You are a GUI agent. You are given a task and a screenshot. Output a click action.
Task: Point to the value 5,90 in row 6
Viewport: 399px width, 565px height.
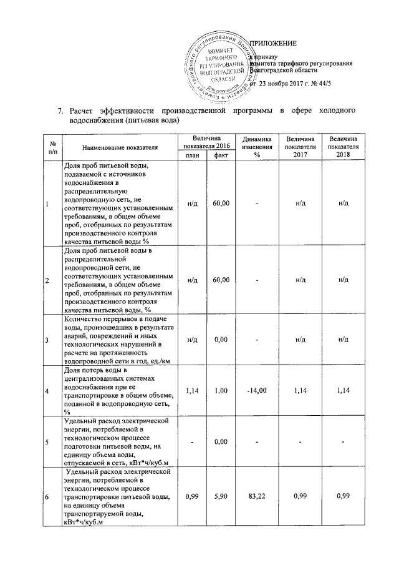click(220, 496)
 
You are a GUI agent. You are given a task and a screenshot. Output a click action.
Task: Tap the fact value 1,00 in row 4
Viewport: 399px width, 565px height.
click(220, 391)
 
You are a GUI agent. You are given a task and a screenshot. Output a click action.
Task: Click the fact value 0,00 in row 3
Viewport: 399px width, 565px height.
click(220, 339)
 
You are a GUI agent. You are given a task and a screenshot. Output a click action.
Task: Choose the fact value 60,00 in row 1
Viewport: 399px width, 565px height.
click(220, 204)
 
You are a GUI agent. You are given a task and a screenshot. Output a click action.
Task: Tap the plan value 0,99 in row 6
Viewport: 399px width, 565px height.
click(192, 496)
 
